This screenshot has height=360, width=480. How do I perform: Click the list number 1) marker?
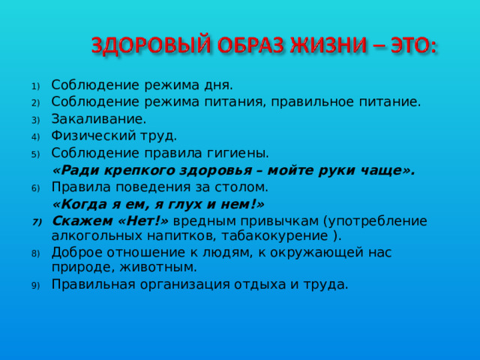tap(34, 85)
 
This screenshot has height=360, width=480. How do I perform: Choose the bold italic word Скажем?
tap(80, 220)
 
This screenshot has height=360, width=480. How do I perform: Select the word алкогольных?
tap(94, 235)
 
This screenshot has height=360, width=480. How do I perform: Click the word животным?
tap(160, 267)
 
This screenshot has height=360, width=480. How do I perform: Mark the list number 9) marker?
tap(34, 285)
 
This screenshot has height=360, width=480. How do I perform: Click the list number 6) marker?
tap(34, 187)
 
